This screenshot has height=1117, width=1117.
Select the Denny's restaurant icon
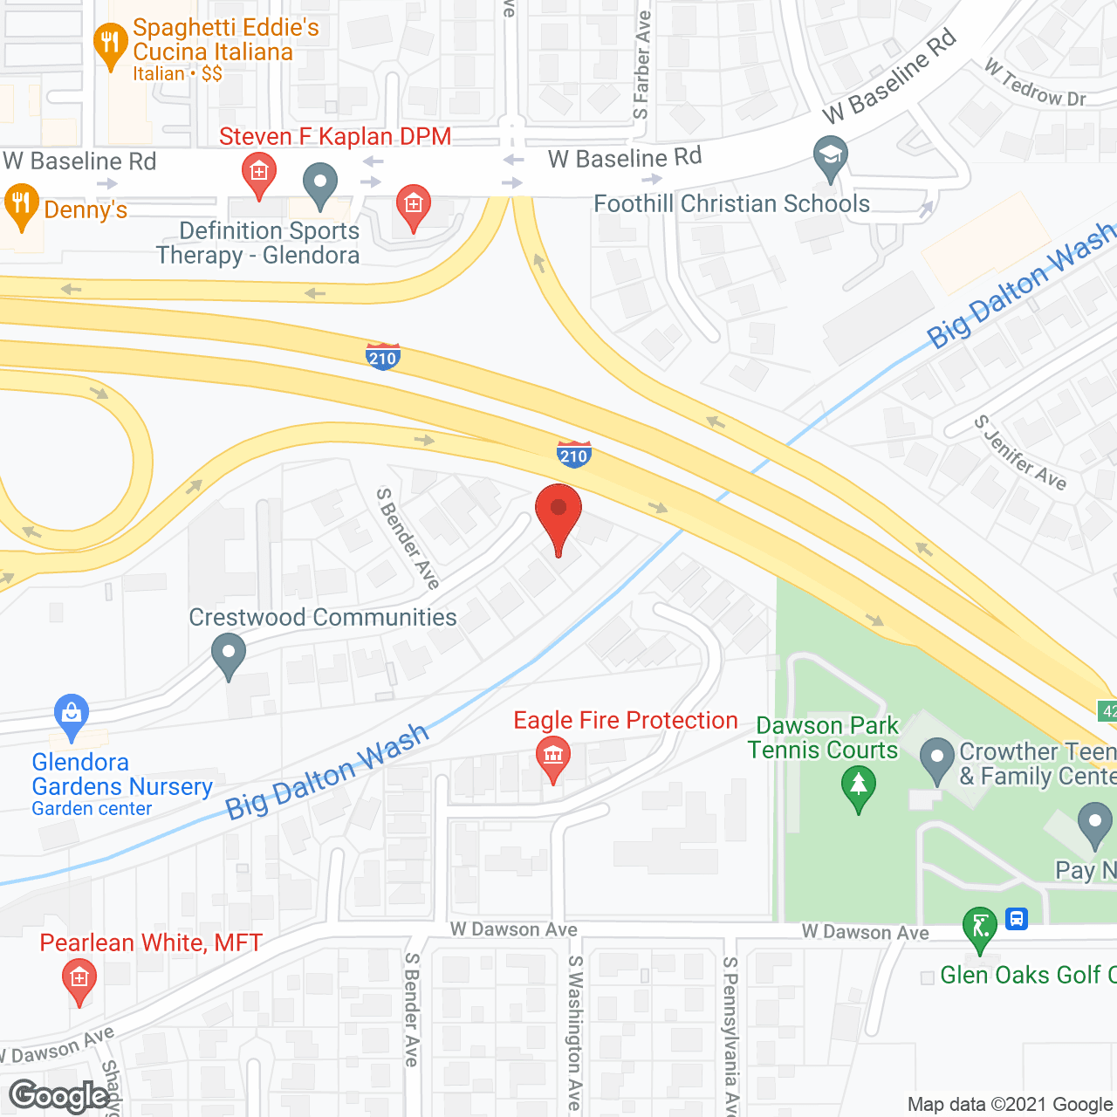click(21, 206)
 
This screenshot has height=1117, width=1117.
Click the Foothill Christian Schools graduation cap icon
click(831, 157)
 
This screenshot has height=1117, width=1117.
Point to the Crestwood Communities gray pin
click(229, 654)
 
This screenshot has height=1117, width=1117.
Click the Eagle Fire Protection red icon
click(553, 757)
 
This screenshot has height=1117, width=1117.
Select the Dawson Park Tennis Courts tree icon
click(859, 787)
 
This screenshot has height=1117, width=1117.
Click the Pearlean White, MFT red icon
click(79, 981)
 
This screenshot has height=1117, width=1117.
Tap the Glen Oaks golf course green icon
click(980, 929)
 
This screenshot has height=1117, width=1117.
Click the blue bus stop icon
click(1017, 919)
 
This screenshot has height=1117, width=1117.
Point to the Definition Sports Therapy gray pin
click(320, 185)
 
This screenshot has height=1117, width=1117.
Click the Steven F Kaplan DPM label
click(335, 137)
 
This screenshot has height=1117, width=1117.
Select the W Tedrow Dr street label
click(1035, 84)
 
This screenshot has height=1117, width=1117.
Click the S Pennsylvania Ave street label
click(731, 1034)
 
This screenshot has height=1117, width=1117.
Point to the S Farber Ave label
click(642, 66)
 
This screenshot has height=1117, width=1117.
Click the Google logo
click(59, 1096)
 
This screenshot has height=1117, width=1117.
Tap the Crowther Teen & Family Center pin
click(937, 759)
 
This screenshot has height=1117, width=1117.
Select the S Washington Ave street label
click(574, 1034)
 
